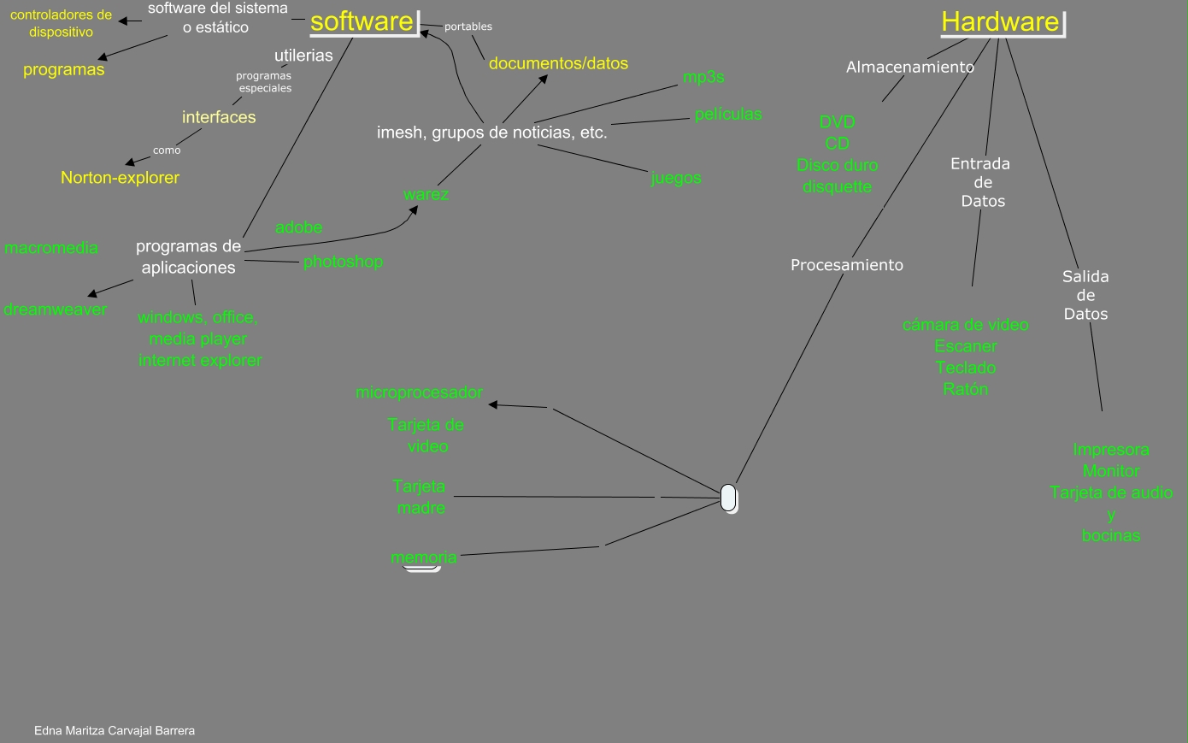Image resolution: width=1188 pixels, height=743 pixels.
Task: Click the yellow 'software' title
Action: coord(362,21)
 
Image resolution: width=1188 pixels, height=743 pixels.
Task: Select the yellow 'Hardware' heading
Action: coord(1000,21)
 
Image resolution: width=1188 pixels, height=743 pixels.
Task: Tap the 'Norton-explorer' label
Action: coord(120,178)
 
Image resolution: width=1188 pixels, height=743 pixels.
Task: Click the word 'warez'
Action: coord(426,194)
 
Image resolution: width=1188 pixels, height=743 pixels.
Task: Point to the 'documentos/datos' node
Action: coord(558,63)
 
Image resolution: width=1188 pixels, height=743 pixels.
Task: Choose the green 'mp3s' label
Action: coord(703,77)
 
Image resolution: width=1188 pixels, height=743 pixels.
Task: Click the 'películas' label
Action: coord(728,114)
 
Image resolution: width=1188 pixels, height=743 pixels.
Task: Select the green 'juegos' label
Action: coord(676,178)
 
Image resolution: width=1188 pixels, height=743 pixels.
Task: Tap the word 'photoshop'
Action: coord(343,262)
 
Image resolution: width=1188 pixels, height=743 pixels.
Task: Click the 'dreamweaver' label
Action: coord(56,310)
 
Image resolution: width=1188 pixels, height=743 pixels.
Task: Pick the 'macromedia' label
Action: coord(51,248)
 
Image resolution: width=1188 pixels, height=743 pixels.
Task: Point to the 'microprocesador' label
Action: coord(419,392)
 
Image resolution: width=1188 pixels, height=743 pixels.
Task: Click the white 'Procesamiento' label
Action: coord(846,265)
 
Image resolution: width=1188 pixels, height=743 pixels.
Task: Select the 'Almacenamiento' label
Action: coord(909,67)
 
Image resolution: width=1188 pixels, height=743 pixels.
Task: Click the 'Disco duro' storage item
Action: coord(837,165)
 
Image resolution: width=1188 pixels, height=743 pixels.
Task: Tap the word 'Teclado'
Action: coord(966,368)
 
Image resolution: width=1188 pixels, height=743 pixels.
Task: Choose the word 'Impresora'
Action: coord(1111,450)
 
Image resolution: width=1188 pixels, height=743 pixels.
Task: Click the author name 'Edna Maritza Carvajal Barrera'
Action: coord(115,731)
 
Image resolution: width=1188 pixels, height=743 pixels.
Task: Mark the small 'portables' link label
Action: coord(468,27)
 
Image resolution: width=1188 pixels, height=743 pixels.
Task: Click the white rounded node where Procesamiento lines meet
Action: coord(728,498)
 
